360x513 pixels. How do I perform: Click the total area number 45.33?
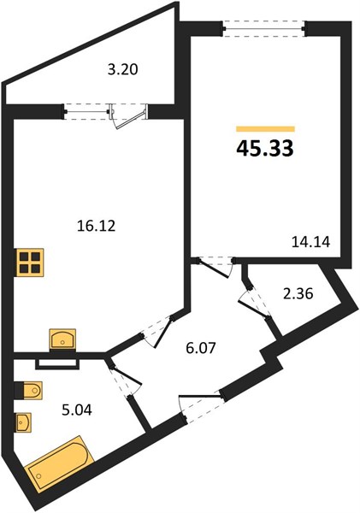pos(265,149)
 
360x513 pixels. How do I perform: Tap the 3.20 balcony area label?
pos(123,69)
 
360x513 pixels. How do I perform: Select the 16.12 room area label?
pos(97,226)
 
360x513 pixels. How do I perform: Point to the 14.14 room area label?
pos(310,242)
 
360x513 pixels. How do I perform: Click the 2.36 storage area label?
pos(298,294)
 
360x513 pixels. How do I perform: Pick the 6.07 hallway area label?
pos(201,348)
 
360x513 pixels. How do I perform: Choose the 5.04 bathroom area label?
pos(77,410)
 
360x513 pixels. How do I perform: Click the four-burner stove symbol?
pos(29,262)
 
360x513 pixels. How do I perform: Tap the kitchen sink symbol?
pos(62,339)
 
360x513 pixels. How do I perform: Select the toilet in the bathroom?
pos(28,390)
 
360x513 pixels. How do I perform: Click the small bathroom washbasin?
pos(23,422)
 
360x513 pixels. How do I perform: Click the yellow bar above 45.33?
pos(265,129)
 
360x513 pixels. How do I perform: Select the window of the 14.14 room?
pos(264,28)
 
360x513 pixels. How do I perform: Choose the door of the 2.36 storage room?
pos(254,303)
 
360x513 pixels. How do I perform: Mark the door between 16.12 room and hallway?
pos(157,331)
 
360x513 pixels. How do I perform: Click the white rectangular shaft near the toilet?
pos(57,364)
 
